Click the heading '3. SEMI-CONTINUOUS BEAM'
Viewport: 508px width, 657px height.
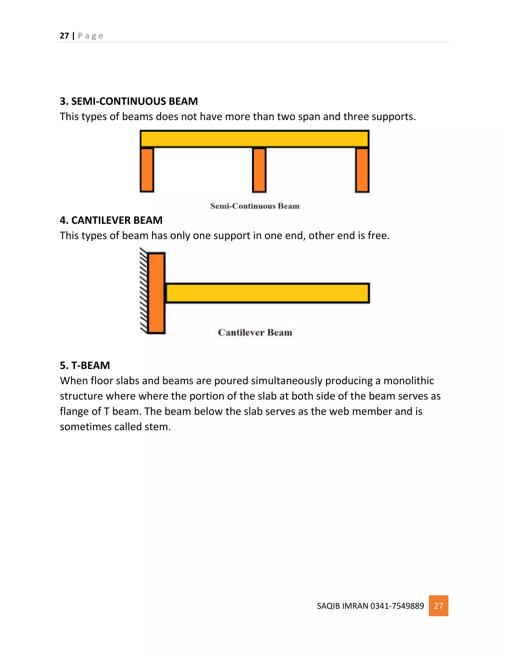click(x=129, y=101)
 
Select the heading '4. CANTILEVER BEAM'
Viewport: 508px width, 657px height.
click(x=111, y=220)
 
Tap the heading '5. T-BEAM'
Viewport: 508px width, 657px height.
click(x=85, y=365)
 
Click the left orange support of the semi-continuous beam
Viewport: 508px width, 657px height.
click(x=147, y=170)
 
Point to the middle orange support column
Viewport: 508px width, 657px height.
click(x=259, y=170)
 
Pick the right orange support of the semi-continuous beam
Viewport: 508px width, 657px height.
click(x=362, y=170)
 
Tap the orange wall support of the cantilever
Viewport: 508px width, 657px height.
click(x=156, y=293)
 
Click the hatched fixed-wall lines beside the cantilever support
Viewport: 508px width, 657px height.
click(x=143, y=290)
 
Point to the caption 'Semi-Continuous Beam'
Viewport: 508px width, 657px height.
click(x=254, y=206)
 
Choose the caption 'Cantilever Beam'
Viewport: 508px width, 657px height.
click(x=255, y=332)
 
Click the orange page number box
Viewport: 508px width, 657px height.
click(x=438, y=606)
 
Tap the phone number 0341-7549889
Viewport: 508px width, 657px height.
click(x=397, y=606)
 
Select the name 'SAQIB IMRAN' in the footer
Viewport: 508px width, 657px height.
click(x=343, y=606)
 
